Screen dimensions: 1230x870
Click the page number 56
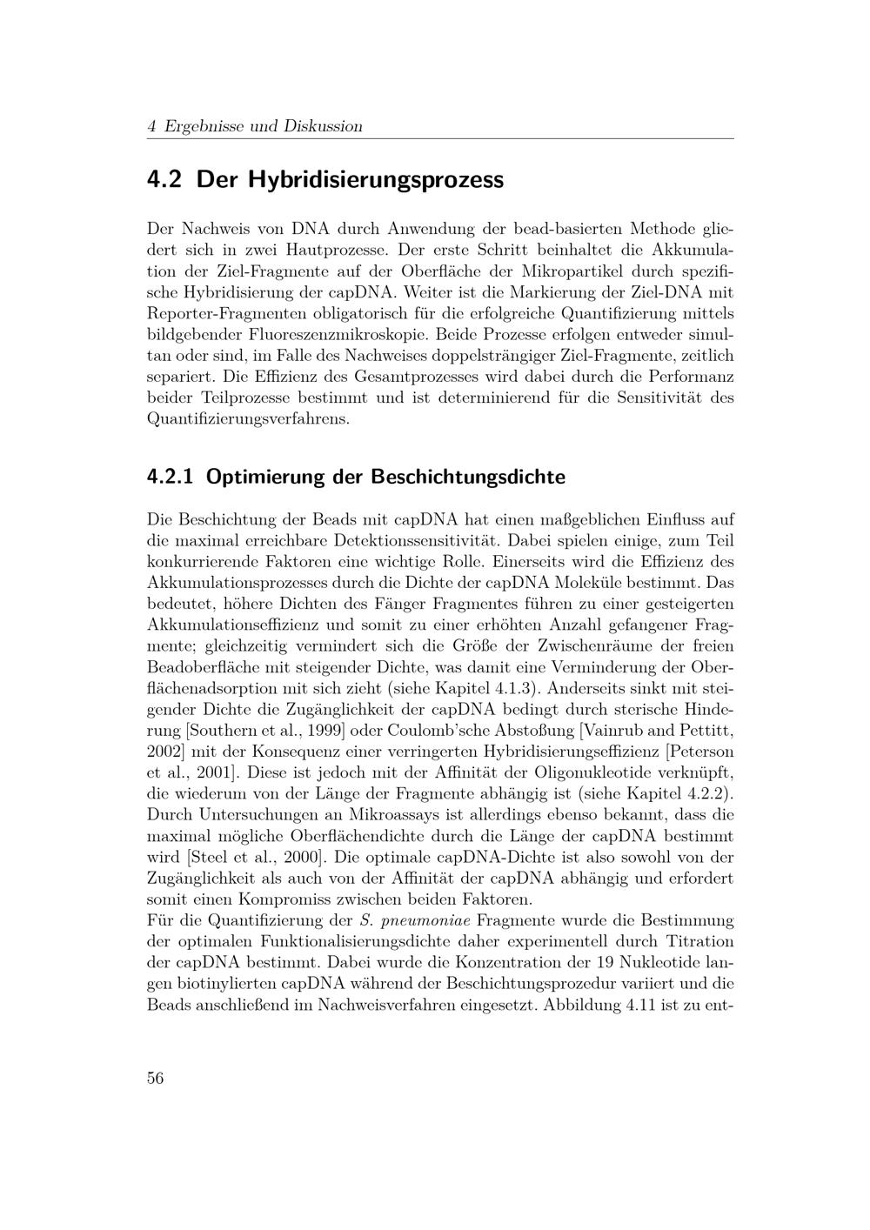coord(156,1078)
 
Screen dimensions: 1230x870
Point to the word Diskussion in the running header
coord(323,126)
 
